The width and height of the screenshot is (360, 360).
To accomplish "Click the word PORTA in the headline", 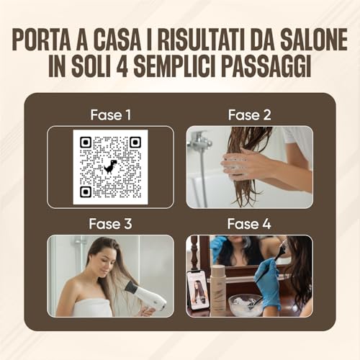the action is [x=41, y=40].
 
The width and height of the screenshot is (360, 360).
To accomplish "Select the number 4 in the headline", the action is [x=122, y=66].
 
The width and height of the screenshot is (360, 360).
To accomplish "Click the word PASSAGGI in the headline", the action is [x=266, y=66].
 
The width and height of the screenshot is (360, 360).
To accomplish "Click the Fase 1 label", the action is [x=111, y=115].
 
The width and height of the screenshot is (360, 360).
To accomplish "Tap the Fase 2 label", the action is [x=249, y=115].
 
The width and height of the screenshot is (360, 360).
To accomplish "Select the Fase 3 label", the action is [x=110, y=224].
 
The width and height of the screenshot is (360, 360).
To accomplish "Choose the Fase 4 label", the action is [x=249, y=224].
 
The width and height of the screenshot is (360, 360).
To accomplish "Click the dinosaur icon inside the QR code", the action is [x=110, y=166].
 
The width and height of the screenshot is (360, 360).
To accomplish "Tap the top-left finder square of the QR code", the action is [x=86, y=143].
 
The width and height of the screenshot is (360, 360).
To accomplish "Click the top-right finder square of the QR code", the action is [x=135, y=143].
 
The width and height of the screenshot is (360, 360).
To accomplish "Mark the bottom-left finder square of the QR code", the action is [x=86, y=192].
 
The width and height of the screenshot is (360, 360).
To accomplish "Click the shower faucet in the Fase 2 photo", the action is [x=199, y=140].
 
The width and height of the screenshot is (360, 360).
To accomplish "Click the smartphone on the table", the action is [x=197, y=289].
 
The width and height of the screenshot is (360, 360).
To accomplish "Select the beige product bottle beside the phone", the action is [x=218, y=289].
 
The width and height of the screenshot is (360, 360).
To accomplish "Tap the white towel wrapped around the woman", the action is [x=92, y=307].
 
